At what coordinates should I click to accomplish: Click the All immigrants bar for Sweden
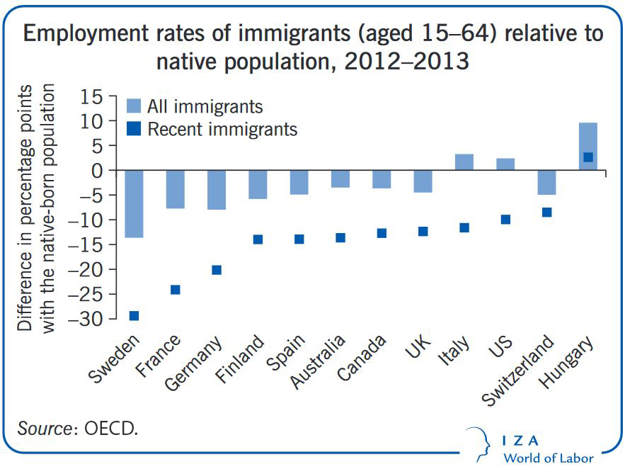click(134, 204)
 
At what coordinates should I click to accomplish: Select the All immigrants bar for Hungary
click(588, 147)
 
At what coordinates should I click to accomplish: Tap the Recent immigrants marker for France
click(176, 290)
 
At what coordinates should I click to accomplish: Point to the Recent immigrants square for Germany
click(217, 270)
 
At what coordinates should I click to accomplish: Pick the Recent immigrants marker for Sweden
click(134, 316)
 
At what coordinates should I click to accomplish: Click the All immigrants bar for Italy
click(464, 162)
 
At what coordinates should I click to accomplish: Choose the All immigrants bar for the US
click(505, 164)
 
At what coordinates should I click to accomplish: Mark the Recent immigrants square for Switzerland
click(547, 213)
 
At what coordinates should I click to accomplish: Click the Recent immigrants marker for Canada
click(382, 233)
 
